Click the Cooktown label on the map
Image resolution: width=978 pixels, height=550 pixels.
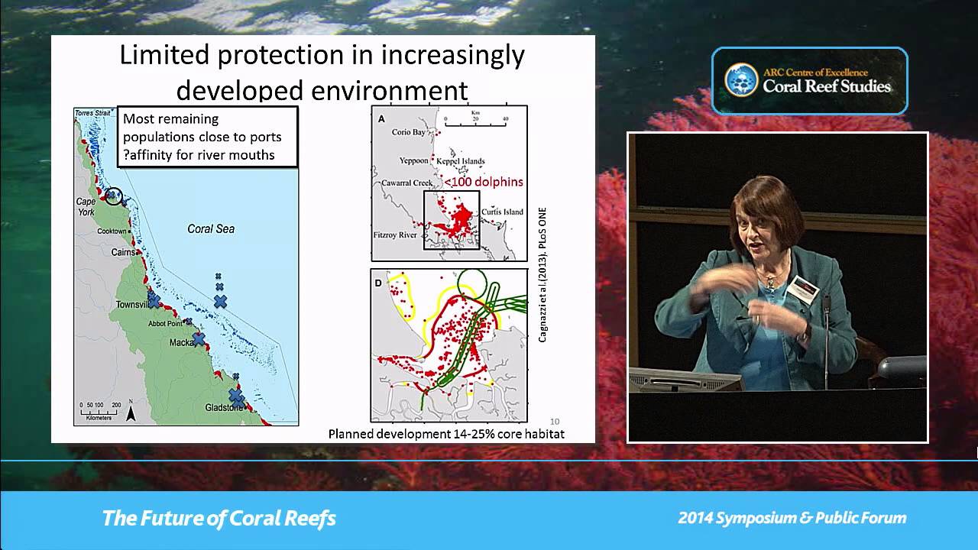click(112, 231)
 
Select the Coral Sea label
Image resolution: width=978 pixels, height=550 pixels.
click(211, 228)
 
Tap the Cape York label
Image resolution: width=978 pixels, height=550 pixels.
click(86, 206)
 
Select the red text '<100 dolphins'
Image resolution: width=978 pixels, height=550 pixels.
click(484, 182)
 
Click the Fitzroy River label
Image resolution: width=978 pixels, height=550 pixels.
click(395, 235)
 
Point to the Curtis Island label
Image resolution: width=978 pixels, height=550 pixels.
click(502, 212)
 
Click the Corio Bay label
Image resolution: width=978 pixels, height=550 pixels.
click(408, 132)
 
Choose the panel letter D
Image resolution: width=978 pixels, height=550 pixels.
click(378, 283)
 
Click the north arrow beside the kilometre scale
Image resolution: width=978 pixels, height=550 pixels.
click(131, 413)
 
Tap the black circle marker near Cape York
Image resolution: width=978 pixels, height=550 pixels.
click(113, 196)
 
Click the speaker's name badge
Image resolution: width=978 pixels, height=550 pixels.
click(802, 288)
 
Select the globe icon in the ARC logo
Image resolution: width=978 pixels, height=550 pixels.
click(740, 79)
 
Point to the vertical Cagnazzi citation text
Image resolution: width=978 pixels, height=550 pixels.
click(542, 274)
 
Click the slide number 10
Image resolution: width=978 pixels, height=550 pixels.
click(555, 421)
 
